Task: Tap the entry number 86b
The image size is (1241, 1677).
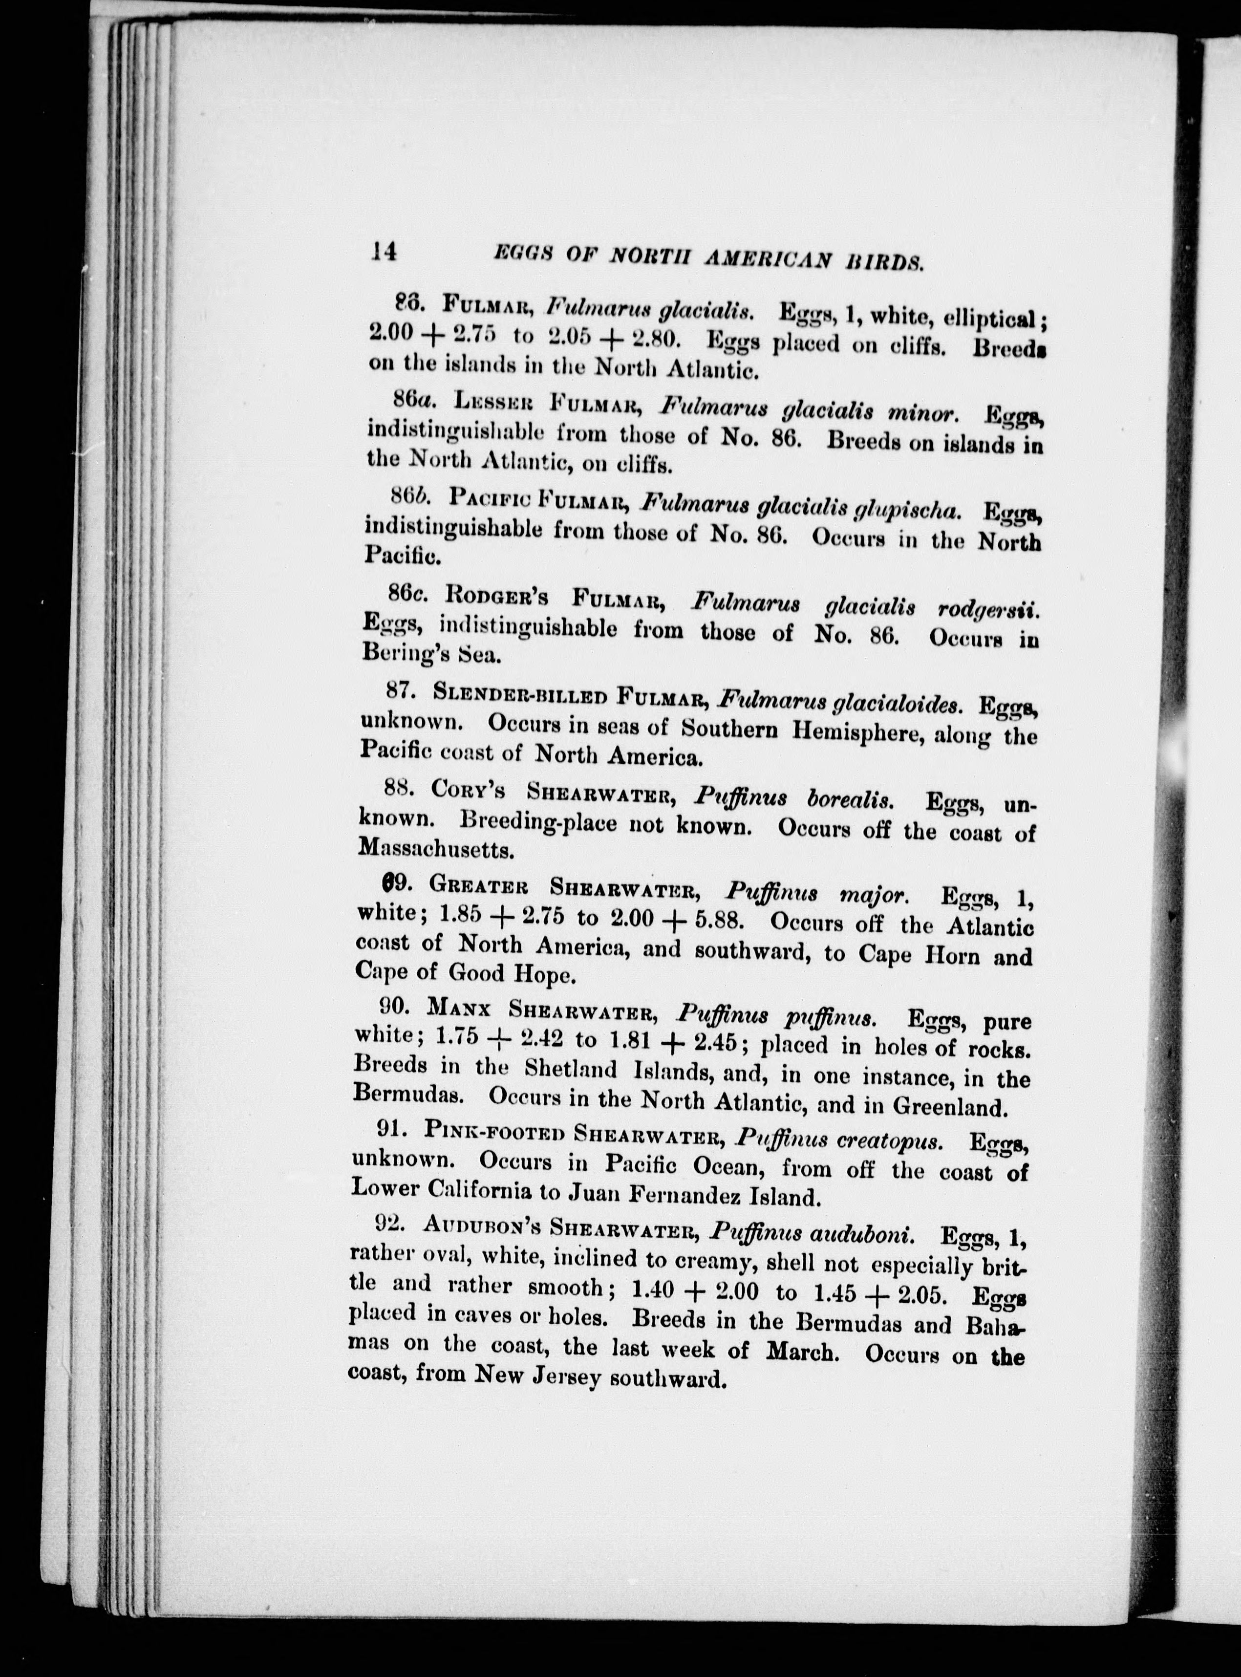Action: click(409, 495)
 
